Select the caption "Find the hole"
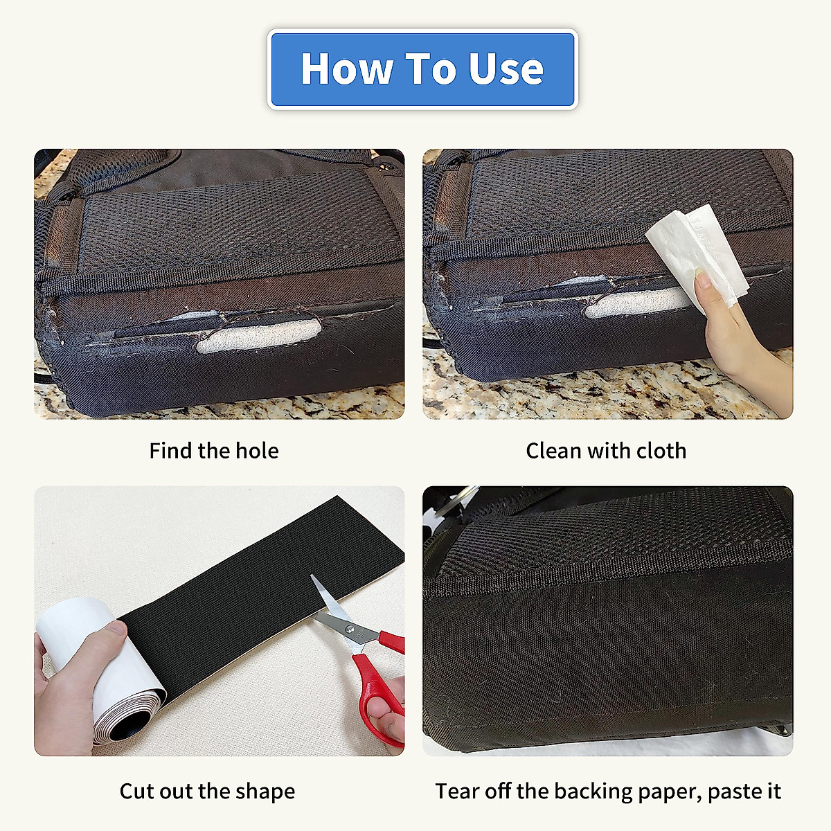pos(214,451)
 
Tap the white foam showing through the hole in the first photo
pos(258,337)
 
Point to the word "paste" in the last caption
pos(732,791)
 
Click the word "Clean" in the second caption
pos(553,451)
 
